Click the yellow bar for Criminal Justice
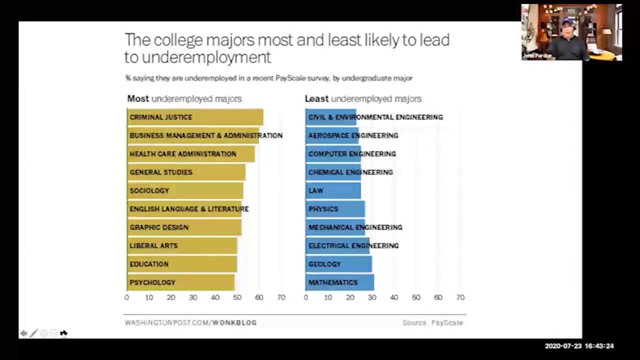pos(195,117)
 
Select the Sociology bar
pos(185,190)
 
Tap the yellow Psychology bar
pos(180,282)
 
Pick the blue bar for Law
pos(333,190)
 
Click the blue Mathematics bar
pos(339,282)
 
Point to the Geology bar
pos(338,264)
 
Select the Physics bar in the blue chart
pos(335,209)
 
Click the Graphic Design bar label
pos(159,227)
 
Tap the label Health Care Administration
pos(182,154)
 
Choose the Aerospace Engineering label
pos(353,135)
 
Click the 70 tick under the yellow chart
pos(281,297)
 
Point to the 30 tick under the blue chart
pos(372,297)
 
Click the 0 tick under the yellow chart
pos(127,297)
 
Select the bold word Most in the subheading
pos(138,99)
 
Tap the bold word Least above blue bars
pos(316,99)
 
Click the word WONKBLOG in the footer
pos(234,323)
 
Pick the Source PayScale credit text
pos(432,323)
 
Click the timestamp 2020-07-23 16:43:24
pos(579,346)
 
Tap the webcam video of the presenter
pos(571,32)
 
